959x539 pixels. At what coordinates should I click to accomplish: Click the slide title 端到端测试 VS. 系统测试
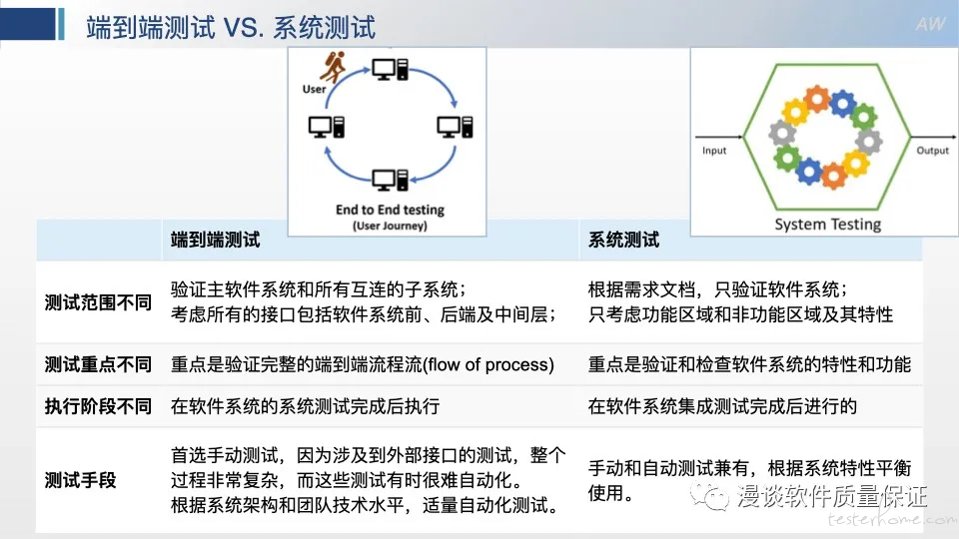tap(231, 28)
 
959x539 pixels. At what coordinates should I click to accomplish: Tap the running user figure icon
tap(334, 67)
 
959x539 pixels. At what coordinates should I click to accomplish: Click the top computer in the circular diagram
tap(391, 69)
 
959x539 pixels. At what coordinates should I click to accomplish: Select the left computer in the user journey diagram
tap(327, 127)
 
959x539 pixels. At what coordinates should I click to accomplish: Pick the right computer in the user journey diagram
tap(455, 127)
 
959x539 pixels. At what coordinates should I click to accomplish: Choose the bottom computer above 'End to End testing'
tap(391, 180)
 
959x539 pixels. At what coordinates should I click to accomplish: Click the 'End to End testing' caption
tap(391, 210)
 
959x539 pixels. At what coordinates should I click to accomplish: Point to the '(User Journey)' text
tap(390, 226)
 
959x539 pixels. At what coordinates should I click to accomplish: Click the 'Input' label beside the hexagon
tap(714, 151)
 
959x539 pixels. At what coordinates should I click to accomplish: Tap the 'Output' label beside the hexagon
tap(933, 151)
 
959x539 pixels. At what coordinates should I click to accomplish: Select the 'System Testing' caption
tap(827, 225)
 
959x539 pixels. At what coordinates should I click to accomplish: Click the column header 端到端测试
tap(216, 240)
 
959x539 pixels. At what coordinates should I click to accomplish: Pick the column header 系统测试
tap(623, 240)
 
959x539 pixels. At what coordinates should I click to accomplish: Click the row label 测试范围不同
tap(98, 302)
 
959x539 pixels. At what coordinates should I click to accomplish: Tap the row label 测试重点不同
tap(98, 364)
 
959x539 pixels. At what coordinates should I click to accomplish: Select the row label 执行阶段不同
tap(98, 406)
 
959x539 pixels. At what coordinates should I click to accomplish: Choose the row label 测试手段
tap(80, 480)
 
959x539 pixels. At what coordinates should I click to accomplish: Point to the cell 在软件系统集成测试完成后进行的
tap(722, 406)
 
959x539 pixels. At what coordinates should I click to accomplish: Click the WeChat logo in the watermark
tap(709, 496)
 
